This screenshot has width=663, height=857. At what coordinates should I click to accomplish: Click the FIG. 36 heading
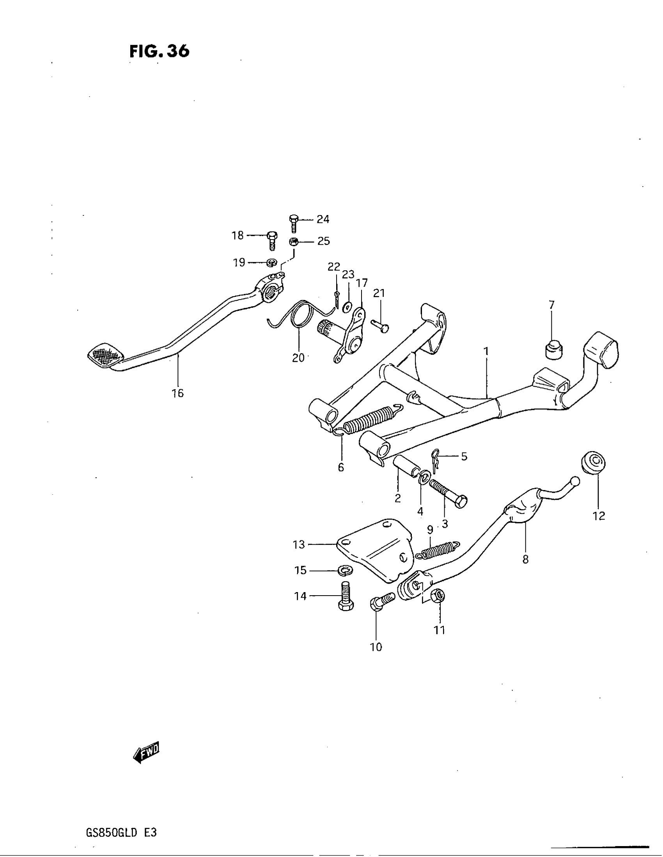159,51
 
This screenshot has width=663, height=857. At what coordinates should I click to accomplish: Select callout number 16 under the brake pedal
177,393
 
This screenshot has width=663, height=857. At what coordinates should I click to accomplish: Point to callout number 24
323,219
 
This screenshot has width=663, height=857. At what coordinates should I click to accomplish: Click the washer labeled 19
271,262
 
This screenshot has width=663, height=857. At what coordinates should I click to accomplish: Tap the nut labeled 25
293,242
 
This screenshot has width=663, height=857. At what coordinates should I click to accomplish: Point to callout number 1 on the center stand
486,351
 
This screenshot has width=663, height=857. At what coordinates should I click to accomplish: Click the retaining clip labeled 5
434,461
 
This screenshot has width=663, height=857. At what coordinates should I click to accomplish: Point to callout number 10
376,647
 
